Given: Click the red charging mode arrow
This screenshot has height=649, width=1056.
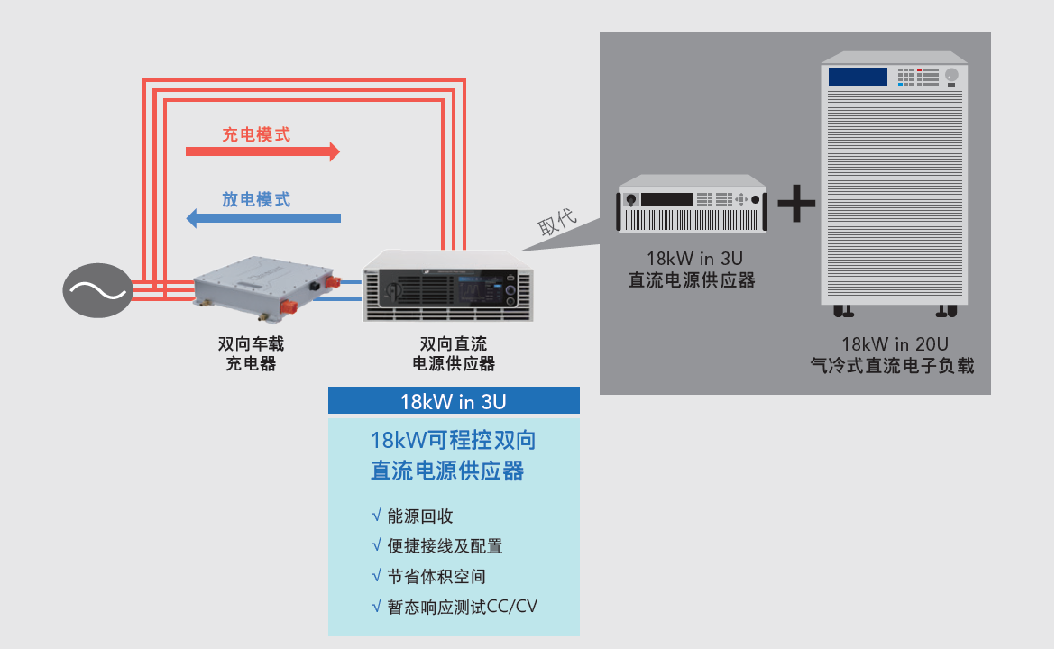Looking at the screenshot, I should (x=262, y=151).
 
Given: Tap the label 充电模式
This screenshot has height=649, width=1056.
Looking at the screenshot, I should (x=256, y=135).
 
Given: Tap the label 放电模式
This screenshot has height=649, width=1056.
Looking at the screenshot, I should (x=256, y=199).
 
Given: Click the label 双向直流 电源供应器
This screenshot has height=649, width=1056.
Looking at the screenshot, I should (x=454, y=354).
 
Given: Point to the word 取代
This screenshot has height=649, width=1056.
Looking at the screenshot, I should (x=556, y=223).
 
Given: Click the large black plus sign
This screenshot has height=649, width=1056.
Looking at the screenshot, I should (x=796, y=204).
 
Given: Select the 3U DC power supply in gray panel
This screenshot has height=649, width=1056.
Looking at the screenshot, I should (x=692, y=205).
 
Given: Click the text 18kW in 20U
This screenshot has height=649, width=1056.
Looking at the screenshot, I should (x=895, y=343).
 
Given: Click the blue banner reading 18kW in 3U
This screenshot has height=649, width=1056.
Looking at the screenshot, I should (x=454, y=401).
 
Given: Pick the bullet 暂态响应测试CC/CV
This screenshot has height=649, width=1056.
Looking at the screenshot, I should (x=461, y=606).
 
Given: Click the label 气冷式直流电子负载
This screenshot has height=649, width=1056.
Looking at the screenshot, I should (x=893, y=366).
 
